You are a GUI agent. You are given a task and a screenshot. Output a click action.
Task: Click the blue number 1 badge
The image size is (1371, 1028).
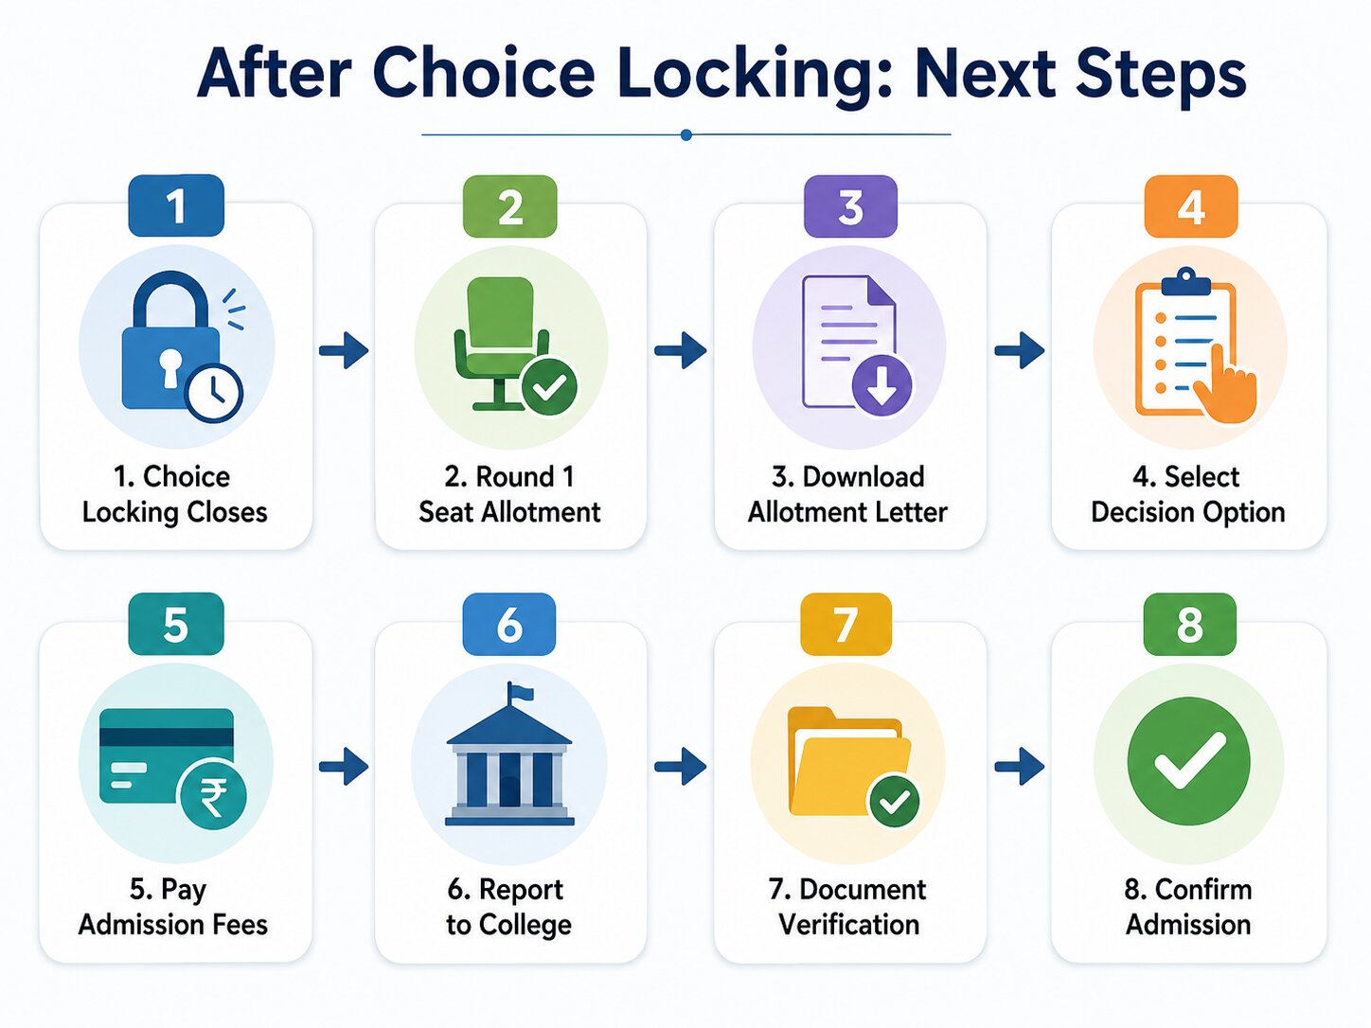(x=176, y=205)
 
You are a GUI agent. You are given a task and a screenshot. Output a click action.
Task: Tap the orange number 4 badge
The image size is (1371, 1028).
(x=1190, y=206)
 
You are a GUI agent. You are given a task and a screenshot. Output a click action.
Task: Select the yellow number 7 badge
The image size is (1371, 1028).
(x=846, y=624)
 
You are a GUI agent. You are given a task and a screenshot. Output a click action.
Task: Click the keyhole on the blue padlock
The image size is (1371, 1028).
(x=169, y=368)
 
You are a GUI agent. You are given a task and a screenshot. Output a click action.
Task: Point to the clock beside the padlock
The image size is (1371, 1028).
(x=214, y=393)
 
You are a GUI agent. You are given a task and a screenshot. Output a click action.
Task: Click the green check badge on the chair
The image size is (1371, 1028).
(x=549, y=386)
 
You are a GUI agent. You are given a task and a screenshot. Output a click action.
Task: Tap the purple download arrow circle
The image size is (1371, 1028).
(x=881, y=385)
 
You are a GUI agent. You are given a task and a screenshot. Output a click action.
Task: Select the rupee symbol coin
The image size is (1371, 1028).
(x=212, y=796)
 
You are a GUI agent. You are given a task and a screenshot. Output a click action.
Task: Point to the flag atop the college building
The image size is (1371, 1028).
(x=520, y=691)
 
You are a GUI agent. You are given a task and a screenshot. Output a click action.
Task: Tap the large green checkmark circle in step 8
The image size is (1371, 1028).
(x=1188, y=761)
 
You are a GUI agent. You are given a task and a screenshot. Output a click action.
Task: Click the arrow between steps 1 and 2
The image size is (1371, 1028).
(x=344, y=350)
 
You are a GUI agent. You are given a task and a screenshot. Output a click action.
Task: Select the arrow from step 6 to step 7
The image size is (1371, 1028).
(x=681, y=766)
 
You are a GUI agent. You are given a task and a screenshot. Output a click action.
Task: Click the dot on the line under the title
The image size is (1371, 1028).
(x=685, y=134)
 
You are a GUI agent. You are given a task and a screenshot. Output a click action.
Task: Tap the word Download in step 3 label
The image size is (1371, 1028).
(x=864, y=477)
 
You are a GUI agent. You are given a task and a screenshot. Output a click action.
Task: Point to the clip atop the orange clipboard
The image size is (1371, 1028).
(x=1185, y=282)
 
